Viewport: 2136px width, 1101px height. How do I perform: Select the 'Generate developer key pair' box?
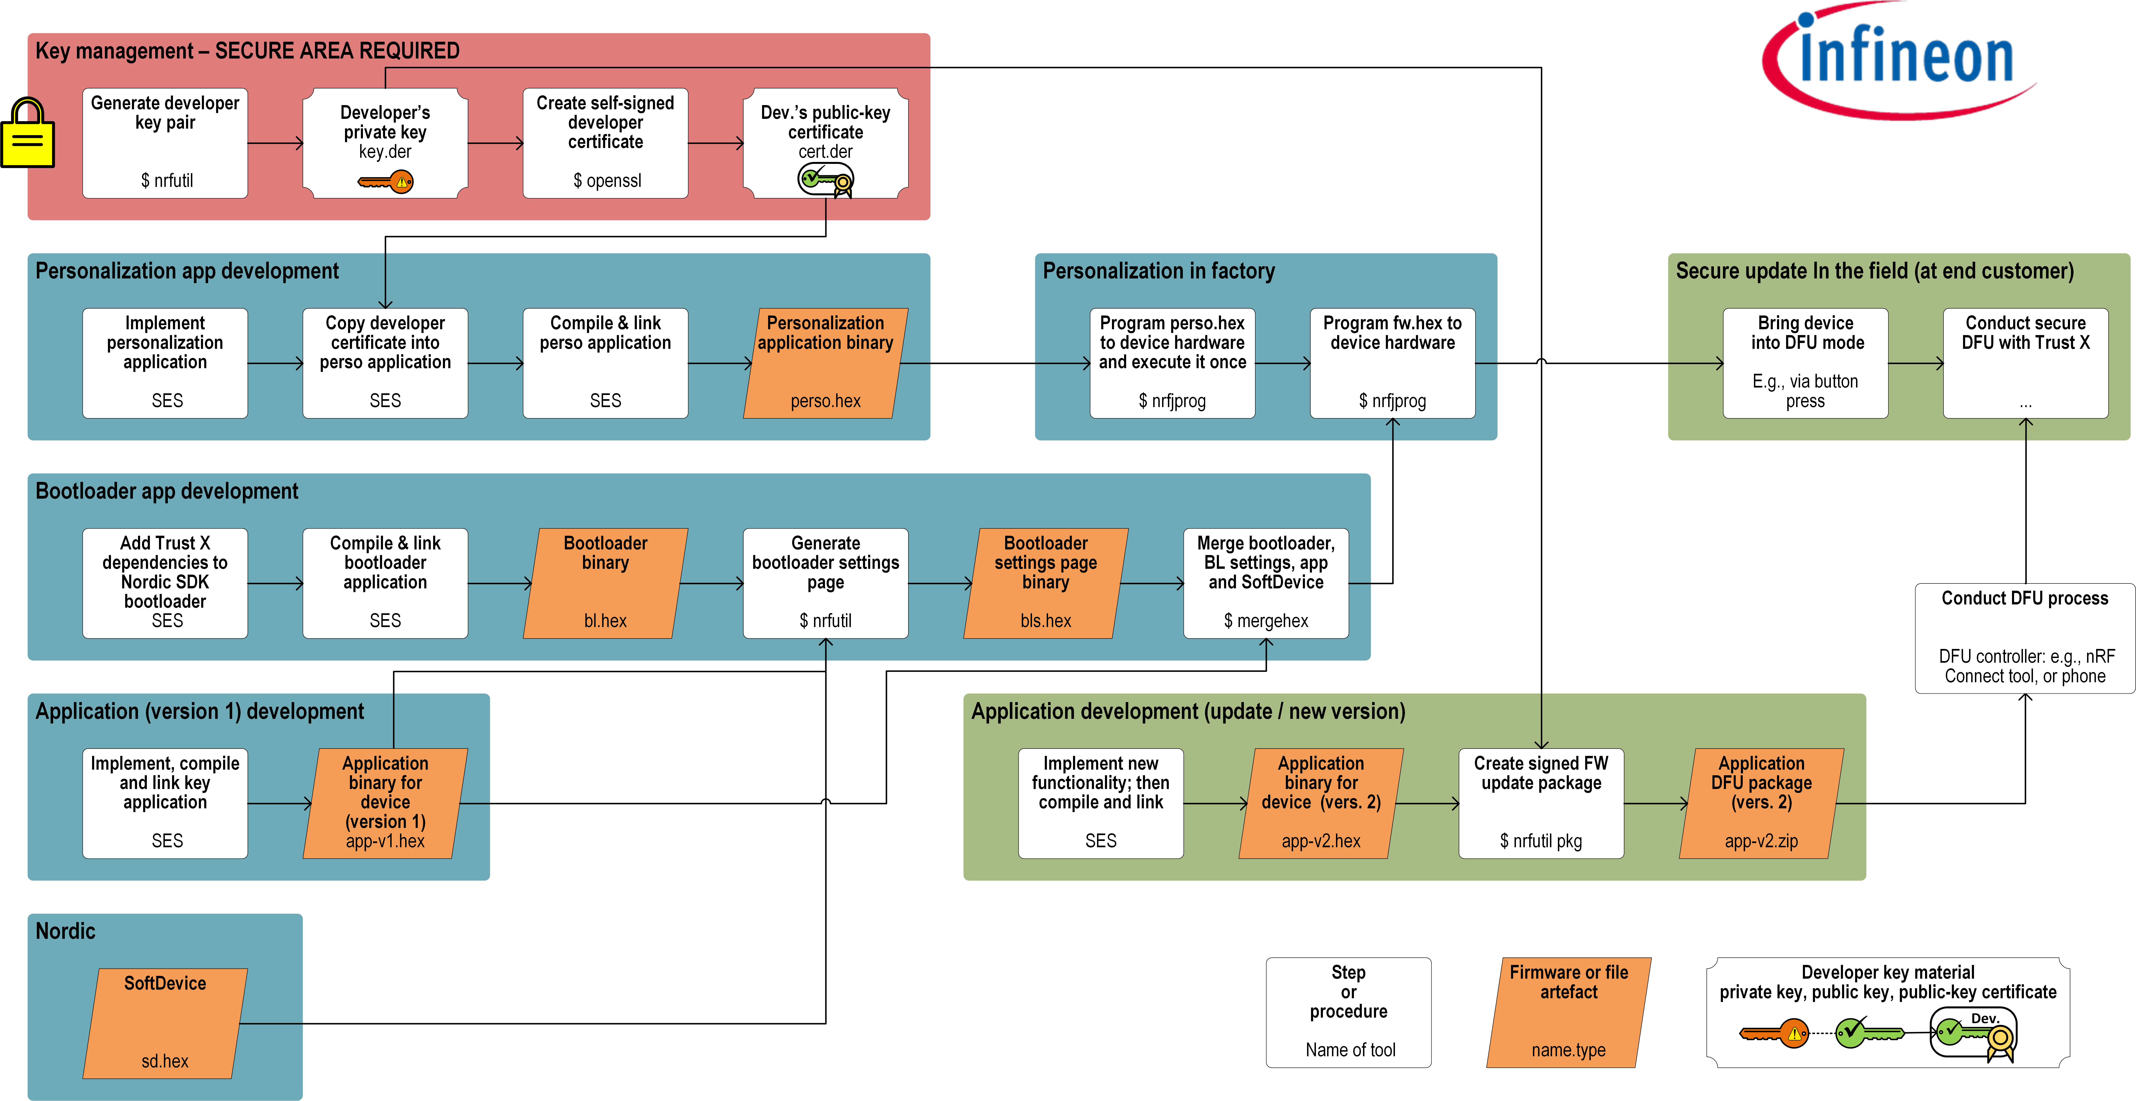click(165, 143)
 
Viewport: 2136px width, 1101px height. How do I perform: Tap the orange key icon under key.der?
click(386, 182)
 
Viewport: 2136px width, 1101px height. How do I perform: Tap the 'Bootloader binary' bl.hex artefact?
click(605, 583)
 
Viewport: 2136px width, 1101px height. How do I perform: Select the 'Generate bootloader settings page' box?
click(826, 583)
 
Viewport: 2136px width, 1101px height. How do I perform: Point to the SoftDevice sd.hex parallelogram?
click(165, 1023)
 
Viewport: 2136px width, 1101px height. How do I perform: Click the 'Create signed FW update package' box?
click(1541, 803)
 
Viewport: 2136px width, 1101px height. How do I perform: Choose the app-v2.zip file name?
click(1761, 841)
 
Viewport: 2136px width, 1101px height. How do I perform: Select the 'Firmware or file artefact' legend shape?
click(1569, 1012)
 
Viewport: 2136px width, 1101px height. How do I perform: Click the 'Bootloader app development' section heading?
click(167, 491)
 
